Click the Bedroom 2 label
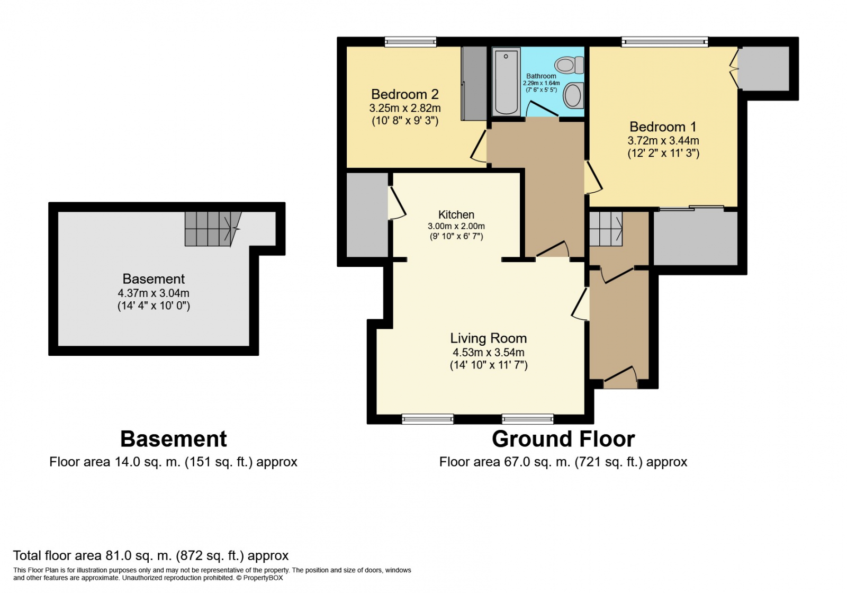coord(404,94)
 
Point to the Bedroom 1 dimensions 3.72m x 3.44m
coord(663,141)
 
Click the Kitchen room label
coord(456,214)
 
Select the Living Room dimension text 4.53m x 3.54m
coord(488,353)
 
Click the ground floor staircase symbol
coord(606,229)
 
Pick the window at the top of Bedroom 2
coord(410,42)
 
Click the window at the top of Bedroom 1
coord(664,42)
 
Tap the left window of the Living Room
coord(428,419)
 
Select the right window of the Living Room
coord(527,419)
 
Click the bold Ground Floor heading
coord(563,439)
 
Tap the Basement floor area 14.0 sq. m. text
coord(173,462)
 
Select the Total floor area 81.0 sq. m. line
coord(151,555)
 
